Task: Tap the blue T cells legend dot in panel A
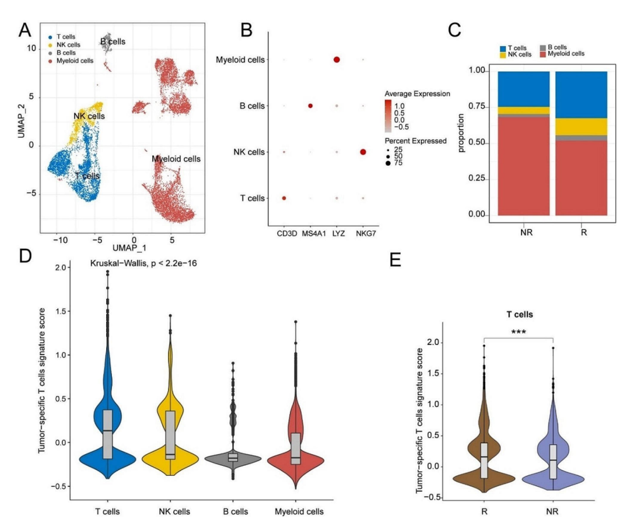[51, 36]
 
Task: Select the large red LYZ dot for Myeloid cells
[337, 60]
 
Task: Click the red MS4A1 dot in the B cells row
[310, 106]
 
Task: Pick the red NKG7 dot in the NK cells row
[363, 152]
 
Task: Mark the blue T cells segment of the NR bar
[524, 89]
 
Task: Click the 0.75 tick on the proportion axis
[478, 107]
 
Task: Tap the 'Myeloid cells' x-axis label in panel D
[299, 512]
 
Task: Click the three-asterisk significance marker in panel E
[518, 332]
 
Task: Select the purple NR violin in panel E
[552, 461]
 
